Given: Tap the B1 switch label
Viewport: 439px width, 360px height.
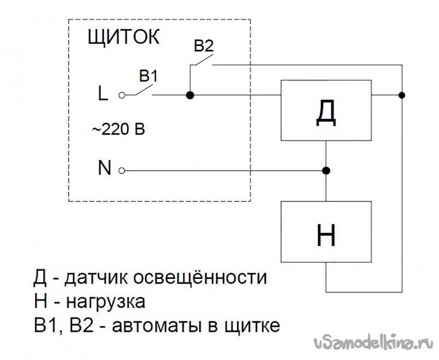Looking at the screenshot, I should tap(149, 76).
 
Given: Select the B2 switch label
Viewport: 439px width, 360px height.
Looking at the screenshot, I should tap(203, 47).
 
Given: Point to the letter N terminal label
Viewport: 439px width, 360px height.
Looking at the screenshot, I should tap(104, 170).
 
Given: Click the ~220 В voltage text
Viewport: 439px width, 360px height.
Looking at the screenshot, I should tap(118, 130).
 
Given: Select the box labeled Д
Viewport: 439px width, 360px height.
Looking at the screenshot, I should tap(326, 110).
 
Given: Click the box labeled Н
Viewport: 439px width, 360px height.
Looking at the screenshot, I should tap(326, 232).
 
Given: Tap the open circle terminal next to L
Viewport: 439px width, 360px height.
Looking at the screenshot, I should tap(122, 96).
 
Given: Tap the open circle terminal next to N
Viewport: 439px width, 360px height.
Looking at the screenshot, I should tap(122, 170).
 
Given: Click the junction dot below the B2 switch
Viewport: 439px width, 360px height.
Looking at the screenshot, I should tap(190, 96).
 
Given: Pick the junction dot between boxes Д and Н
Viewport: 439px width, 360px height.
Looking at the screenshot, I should tap(326, 170).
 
